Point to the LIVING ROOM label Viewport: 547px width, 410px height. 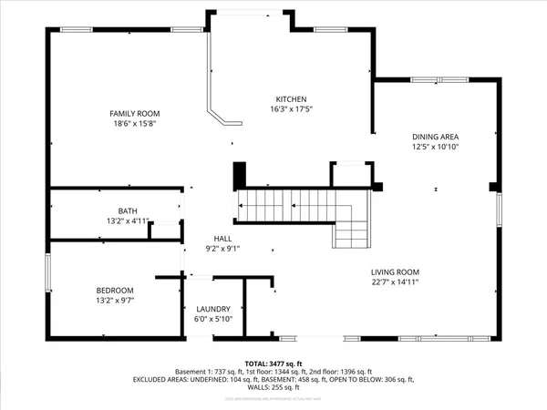pos(394,272)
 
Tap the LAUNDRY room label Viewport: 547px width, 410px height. pos(213,309)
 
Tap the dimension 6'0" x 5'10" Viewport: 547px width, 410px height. pos(213,319)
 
